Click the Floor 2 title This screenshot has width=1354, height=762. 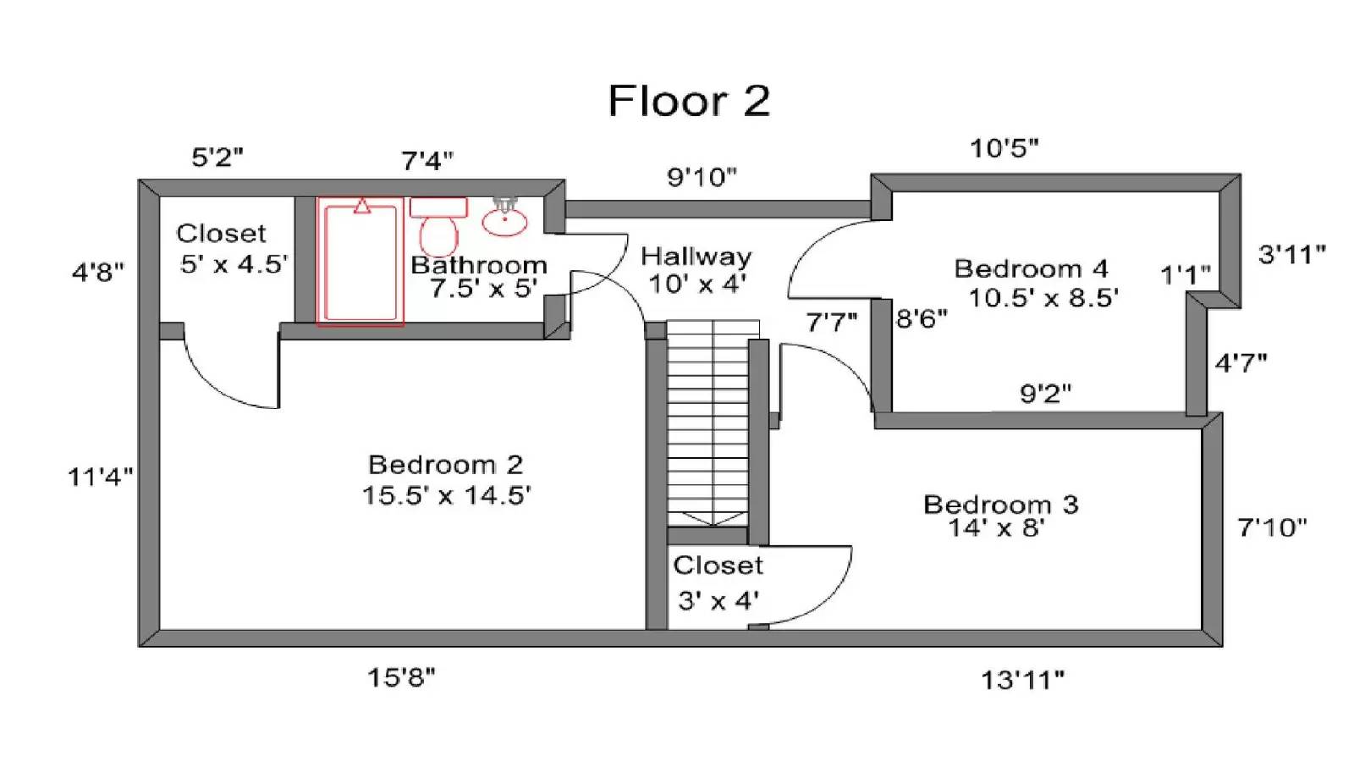pos(689,101)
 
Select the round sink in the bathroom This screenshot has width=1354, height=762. pos(505,221)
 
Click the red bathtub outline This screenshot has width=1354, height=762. pos(361,263)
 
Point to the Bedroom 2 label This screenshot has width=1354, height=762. pos(445,465)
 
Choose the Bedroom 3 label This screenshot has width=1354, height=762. pos(1000,505)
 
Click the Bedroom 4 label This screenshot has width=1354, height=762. pos(1031,269)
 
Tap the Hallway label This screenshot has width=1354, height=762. pos(696,257)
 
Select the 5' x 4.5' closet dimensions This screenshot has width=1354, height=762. pos(233,264)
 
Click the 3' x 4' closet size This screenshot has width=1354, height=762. pos(718,601)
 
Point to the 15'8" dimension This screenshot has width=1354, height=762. pos(401,677)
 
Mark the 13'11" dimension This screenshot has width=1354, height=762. pos(1022,680)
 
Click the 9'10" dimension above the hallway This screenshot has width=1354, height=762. pos(702,178)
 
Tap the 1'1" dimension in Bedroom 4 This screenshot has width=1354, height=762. pos(1185,275)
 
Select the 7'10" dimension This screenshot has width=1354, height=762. pos(1271,528)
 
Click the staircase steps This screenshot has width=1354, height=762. pos(707,423)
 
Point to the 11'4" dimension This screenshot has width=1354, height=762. pos(100,477)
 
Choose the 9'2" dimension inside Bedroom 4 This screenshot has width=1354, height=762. pos(1045,394)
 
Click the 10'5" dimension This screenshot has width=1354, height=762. pos(1004,148)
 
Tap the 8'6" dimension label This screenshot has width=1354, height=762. pos(922,319)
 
